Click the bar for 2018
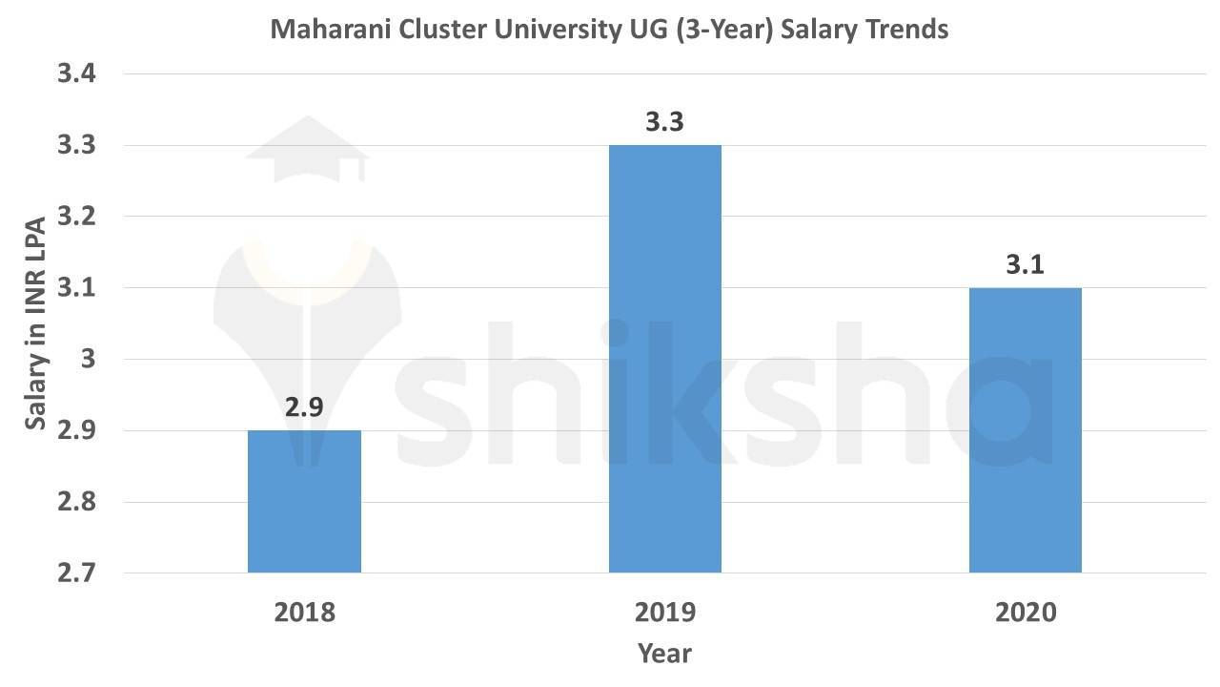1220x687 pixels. tap(304, 501)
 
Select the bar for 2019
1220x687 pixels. tap(664, 359)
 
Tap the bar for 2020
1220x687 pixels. tap(1025, 429)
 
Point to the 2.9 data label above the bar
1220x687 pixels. tap(304, 407)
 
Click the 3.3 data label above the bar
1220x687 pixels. tap(664, 123)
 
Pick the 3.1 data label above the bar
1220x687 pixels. tap(1025, 264)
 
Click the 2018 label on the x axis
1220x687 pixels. tap(304, 612)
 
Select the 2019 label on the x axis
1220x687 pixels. tap(664, 612)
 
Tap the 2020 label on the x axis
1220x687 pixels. tap(1026, 612)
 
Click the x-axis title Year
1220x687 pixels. tap(664, 654)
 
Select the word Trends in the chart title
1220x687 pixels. tap(906, 30)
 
